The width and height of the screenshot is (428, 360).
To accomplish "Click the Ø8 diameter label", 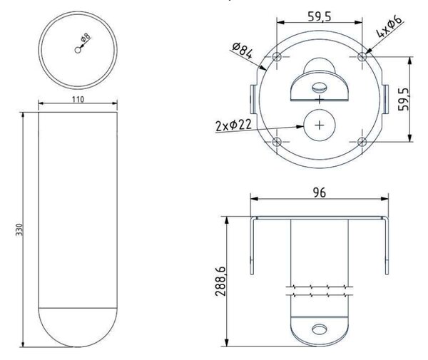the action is point(86,38).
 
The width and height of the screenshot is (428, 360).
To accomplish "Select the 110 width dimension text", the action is point(78,100).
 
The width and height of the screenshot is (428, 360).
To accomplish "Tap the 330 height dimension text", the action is point(19,230).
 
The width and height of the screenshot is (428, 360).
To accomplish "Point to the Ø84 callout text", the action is point(243,51).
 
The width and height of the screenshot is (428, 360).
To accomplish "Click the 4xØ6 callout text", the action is point(389,26).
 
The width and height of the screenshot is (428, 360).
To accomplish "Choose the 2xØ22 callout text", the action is point(233,125).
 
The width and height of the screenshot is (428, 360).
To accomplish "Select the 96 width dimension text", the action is point(320,192).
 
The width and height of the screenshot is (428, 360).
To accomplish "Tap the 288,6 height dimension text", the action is point(220,281).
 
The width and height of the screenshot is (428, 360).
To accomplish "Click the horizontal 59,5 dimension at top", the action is point(320,16).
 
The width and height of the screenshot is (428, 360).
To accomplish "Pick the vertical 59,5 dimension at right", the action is point(404,99).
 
